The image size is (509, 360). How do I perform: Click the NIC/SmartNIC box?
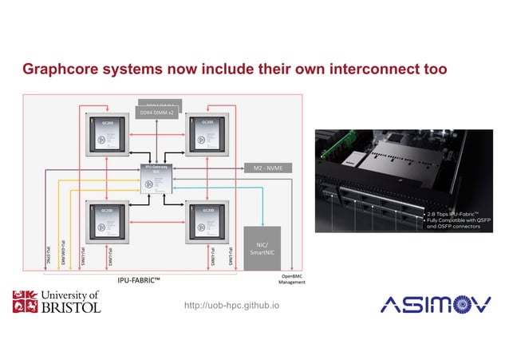pos(262,247)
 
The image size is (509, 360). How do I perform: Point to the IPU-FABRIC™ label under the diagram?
pos(140,280)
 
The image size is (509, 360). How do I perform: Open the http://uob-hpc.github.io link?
pos(232,305)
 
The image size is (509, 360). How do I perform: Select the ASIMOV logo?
pos(430,303)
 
